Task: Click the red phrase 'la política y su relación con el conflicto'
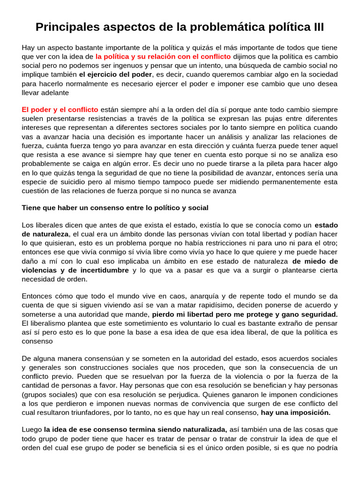click(x=163, y=56)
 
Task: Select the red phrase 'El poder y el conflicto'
click(x=60, y=109)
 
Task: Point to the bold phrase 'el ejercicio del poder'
click(x=115, y=75)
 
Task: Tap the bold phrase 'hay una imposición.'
click(x=296, y=412)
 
